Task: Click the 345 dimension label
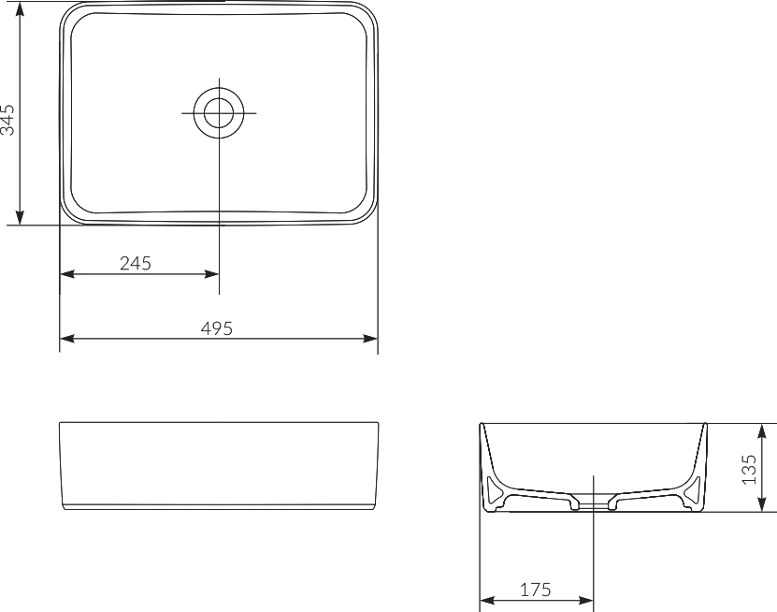click(8, 119)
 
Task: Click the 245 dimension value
click(136, 263)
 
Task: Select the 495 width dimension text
click(216, 328)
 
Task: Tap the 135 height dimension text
click(748, 470)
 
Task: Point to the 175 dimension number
click(535, 590)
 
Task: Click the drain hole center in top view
click(219, 112)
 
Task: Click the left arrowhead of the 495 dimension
click(66, 338)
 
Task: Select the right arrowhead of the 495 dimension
click(371, 338)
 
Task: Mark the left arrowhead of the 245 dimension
click(66, 274)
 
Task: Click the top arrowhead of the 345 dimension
click(20, 7)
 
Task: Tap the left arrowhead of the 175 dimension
click(486, 600)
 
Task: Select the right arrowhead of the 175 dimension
click(587, 600)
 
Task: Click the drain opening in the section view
click(594, 503)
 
